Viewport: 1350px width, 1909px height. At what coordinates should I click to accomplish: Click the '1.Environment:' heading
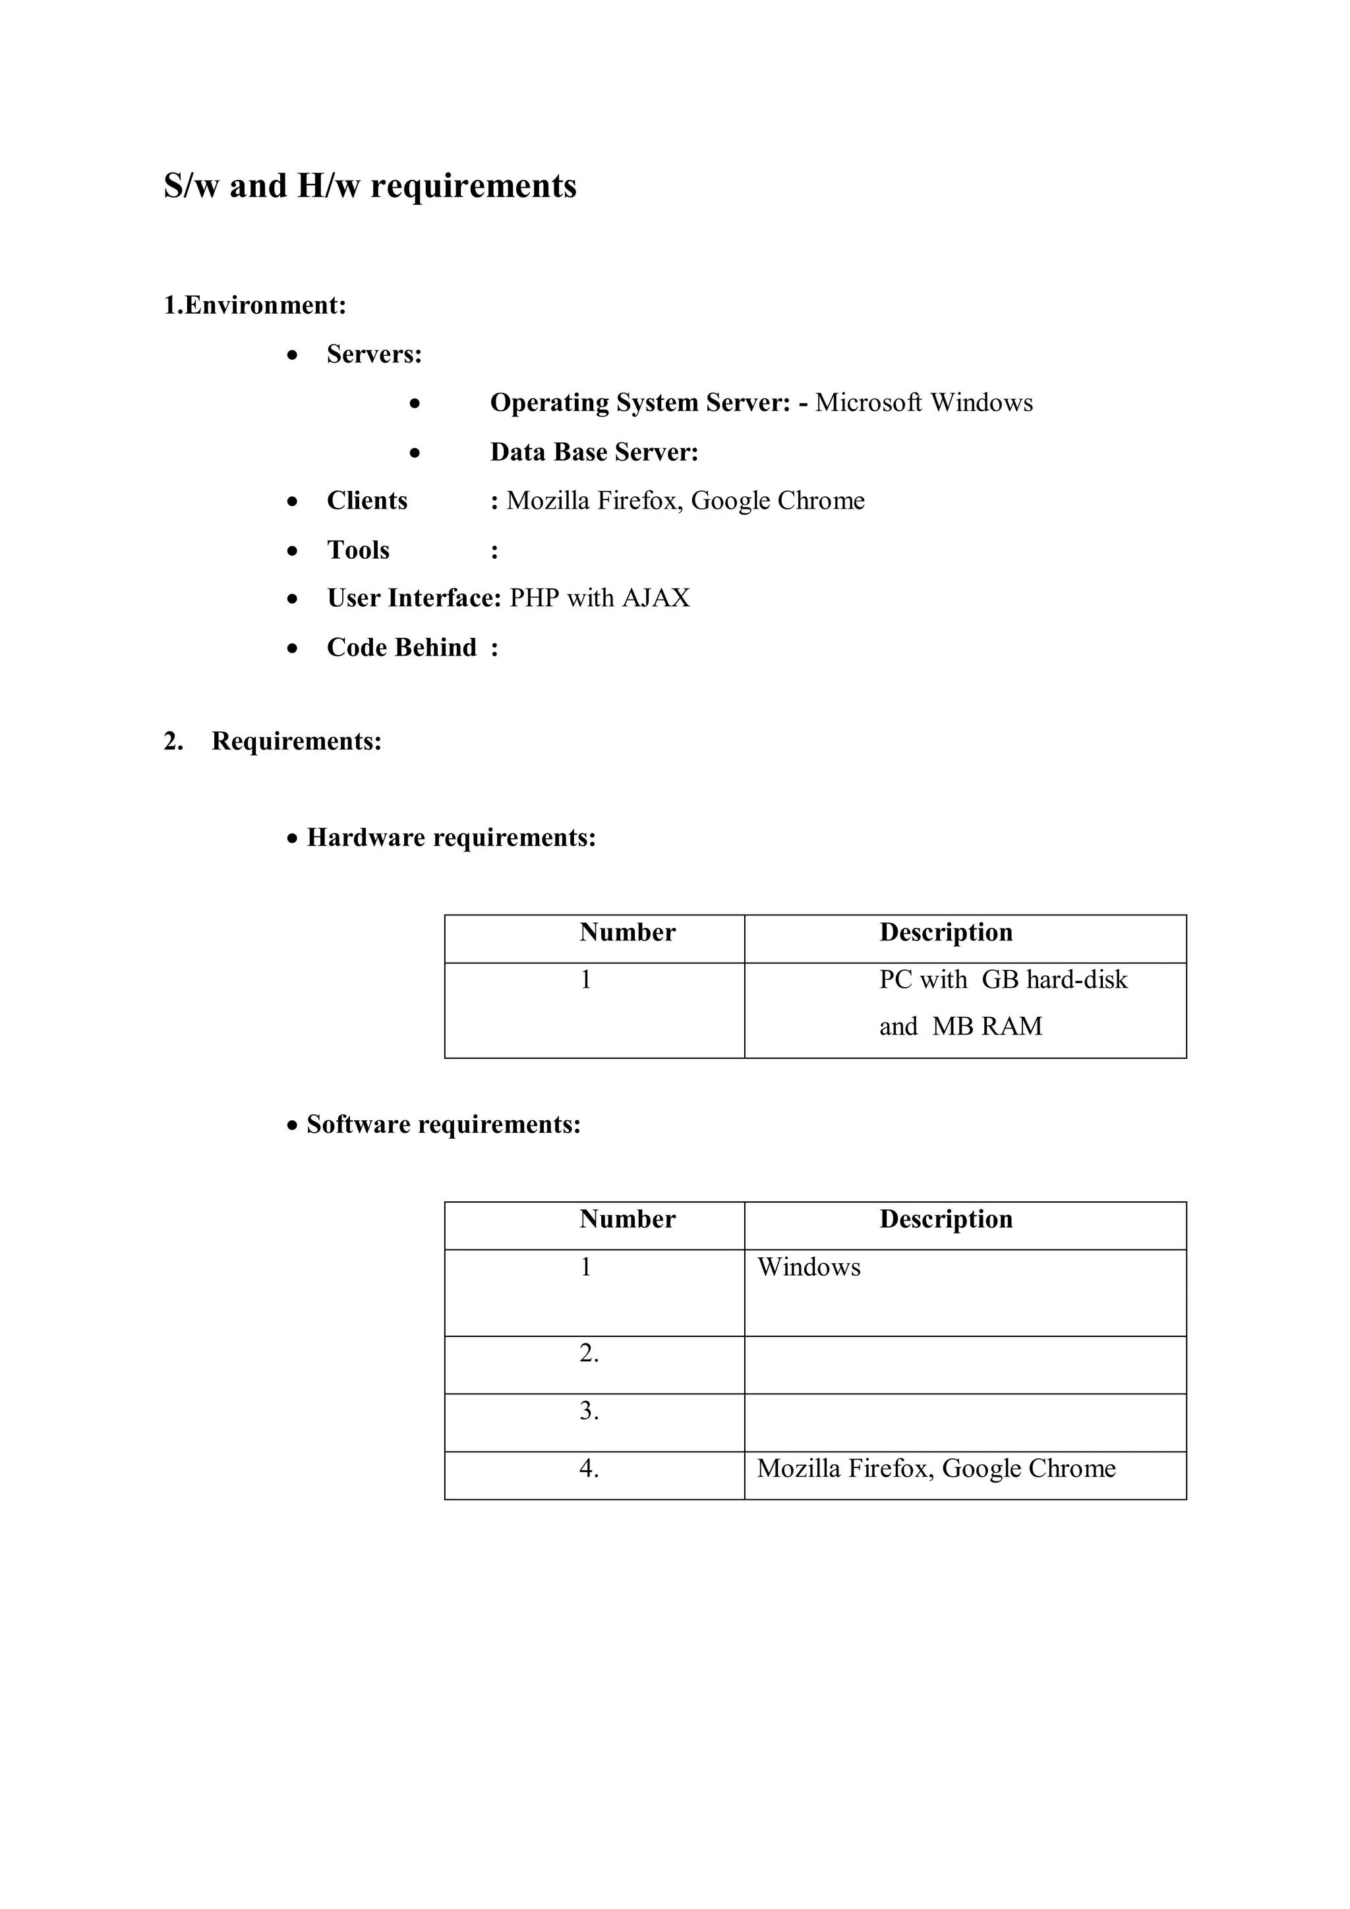pos(254,305)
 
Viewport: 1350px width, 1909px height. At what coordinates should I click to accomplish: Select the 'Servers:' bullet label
pos(374,355)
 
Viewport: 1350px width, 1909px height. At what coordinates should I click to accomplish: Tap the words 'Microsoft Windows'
pos(924,403)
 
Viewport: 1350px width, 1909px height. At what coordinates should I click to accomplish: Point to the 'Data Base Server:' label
pos(594,451)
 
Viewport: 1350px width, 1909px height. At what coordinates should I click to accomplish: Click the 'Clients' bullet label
pos(367,501)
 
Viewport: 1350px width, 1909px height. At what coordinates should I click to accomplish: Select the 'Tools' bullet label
pos(358,550)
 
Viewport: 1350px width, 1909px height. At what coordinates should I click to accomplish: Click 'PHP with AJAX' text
pos(599,598)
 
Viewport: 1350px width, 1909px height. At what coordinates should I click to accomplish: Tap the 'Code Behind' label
pos(401,647)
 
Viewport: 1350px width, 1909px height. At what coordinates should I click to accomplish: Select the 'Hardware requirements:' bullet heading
pos(451,838)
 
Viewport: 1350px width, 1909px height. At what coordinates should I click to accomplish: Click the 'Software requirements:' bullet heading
pos(444,1124)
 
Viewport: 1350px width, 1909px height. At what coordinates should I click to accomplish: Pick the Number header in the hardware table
pos(627,932)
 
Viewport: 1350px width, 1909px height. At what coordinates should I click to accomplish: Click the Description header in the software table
pos(946,1219)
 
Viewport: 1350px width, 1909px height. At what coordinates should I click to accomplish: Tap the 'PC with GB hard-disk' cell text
pos(1003,979)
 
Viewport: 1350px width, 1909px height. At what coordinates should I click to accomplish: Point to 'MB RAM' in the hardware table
pos(987,1026)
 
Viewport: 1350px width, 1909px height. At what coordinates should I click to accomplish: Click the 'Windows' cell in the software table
pos(809,1267)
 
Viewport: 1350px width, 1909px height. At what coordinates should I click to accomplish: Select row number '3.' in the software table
pos(589,1411)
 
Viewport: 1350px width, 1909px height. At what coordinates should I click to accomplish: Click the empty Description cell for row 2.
pos(965,1365)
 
